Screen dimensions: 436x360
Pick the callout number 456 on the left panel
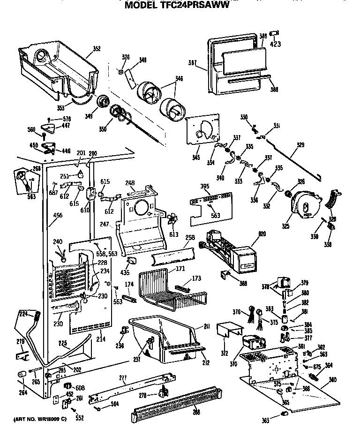point(58,215)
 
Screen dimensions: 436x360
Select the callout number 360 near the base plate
point(333,380)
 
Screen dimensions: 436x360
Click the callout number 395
point(205,187)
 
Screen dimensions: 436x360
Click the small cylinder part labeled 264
point(21,374)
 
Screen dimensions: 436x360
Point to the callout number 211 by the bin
point(206,326)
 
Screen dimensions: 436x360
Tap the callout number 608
point(80,388)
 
